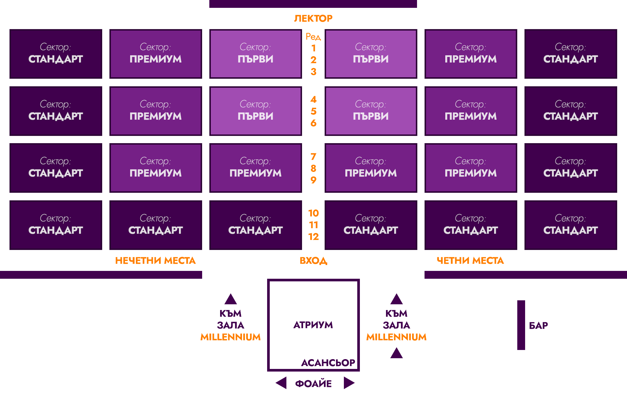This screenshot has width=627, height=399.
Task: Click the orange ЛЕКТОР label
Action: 313,18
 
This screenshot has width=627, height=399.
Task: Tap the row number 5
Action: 313,111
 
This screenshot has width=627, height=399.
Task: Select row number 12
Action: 313,237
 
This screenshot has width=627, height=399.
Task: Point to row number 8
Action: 313,168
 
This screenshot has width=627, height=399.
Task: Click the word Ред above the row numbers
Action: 313,37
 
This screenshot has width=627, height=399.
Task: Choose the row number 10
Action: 313,213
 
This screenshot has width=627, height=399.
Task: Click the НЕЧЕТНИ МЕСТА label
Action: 155,260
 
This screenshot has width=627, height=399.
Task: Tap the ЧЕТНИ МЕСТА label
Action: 470,260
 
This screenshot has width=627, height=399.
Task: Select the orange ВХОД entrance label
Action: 313,260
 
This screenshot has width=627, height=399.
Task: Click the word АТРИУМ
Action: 313,325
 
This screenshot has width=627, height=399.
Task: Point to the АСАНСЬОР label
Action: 328,363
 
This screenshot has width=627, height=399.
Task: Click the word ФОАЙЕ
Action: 313,383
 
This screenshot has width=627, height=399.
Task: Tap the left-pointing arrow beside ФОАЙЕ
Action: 281,383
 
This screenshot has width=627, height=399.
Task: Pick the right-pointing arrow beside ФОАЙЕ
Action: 349,383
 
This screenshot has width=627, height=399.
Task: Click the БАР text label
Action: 539,325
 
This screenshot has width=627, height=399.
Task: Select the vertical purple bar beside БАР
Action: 521,325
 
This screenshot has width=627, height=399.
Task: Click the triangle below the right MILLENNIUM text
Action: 396,353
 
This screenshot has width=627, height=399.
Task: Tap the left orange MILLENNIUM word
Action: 231,337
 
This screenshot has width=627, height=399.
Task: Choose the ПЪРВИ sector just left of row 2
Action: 255,54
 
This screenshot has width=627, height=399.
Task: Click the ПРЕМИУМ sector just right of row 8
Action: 371,168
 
